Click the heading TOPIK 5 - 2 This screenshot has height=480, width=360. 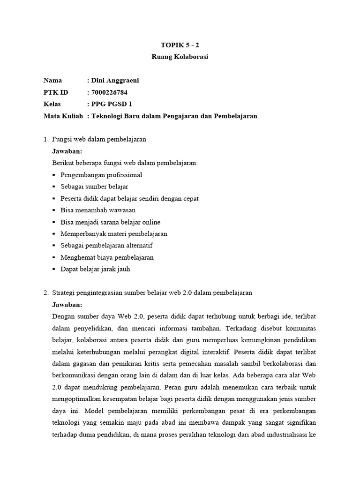[180, 45]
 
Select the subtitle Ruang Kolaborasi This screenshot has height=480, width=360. [180, 57]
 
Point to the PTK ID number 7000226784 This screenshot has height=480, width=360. [110, 92]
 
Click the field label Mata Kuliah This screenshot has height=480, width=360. [63, 116]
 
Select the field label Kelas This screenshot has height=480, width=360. [52, 104]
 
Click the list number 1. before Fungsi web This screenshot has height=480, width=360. [45, 140]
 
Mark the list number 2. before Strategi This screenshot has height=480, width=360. [45, 292]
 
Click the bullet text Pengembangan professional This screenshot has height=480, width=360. [101, 175]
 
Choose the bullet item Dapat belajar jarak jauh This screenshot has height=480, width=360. [95, 269]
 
